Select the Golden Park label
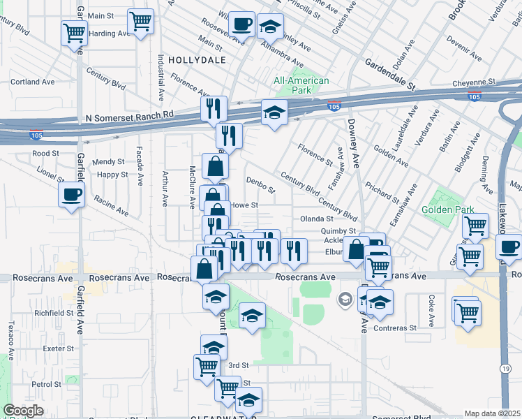[x=447, y=209]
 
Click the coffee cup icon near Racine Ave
[x=71, y=195]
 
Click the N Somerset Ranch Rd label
[x=129, y=114]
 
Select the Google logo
[x=23, y=411]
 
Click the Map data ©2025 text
[x=493, y=413]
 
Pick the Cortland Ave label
[x=33, y=82]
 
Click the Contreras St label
[x=394, y=328]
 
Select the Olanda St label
[x=316, y=219]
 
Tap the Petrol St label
[x=47, y=384]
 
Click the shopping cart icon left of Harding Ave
[x=74, y=32]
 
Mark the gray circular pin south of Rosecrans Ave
[x=345, y=300]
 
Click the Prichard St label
[x=381, y=189]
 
